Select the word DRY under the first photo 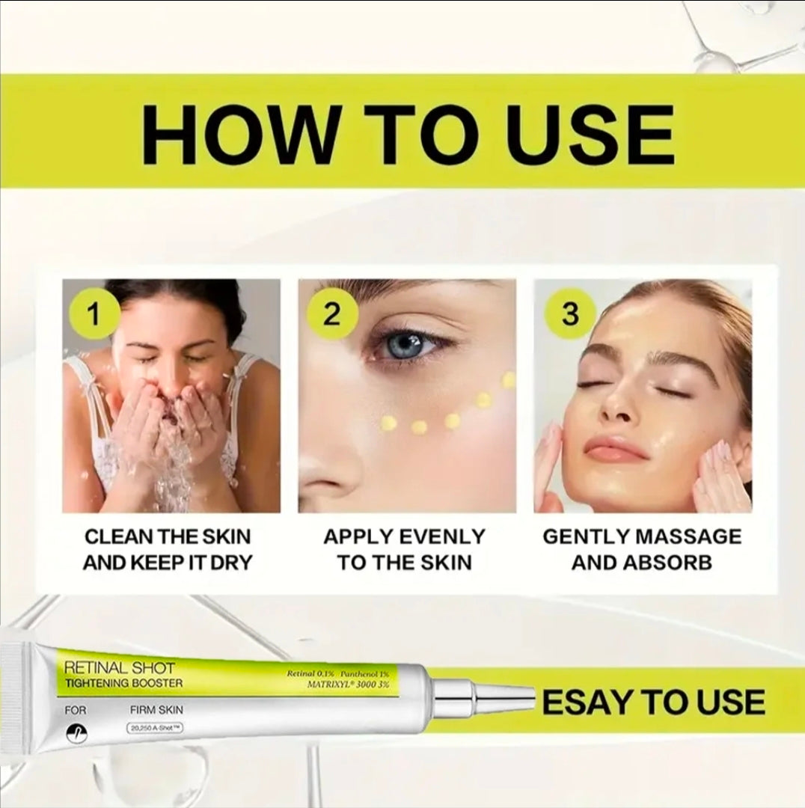[x=227, y=563]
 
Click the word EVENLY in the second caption [x=442, y=536]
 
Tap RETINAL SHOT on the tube [x=120, y=667]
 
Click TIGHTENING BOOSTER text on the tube [x=123, y=683]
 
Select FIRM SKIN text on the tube [x=156, y=709]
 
